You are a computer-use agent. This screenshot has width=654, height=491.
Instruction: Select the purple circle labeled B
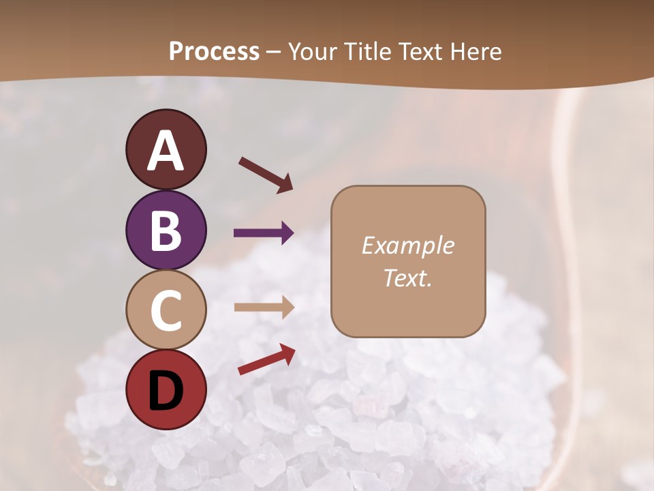(166, 230)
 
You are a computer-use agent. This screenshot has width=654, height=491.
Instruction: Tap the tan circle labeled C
(166, 310)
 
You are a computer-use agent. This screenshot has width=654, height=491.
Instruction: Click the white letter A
(166, 151)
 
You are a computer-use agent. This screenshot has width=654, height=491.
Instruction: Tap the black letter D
(166, 391)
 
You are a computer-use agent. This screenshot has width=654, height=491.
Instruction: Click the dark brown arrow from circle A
(266, 175)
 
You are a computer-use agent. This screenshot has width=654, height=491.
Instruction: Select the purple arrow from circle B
(264, 233)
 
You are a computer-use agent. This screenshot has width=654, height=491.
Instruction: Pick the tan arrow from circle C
(264, 307)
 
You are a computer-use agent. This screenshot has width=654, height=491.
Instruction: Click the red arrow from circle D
(266, 359)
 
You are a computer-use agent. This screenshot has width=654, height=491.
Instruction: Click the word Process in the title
(214, 51)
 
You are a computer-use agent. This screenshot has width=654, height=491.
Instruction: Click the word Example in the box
(407, 245)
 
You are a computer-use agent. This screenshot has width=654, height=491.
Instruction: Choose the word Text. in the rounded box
(407, 278)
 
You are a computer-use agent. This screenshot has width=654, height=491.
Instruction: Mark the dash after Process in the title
(274, 52)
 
